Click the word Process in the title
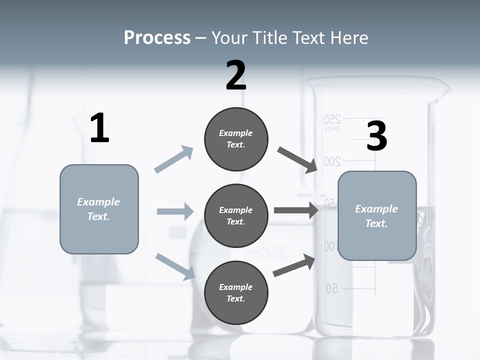pyautogui.click(x=157, y=37)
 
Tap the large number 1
pyautogui.click(x=99, y=128)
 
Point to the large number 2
pyautogui.click(x=236, y=75)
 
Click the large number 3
pyautogui.click(x=376, y=136)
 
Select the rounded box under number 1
pyautogui.click(x=99, y=209)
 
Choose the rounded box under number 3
pyautogui.click(x=377, y=215)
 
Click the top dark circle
pyautogui.click(x=236, y=139)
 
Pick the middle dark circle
pyautogui.click(x=236, y=215)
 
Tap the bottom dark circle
pyautogui.click(x=236, y=292)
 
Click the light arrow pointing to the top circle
pyautogui.click(x=174, y=159)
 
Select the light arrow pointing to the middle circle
pyautogui.click(x=175, y=211)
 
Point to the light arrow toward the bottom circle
pyautogui.click(x=175, y=266)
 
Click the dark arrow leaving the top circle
pyautogui.click(x=298, y=160)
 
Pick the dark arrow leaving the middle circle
pyautogui.click(x=296, y=210)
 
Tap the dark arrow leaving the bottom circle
pyautogui.click(x=294, y=265)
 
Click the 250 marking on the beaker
pyautogui.click(x=332, y=119)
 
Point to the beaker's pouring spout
pyautogui.click(x=443, y=90)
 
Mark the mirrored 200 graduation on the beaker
pyautogui.click(x=332, y=161)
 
